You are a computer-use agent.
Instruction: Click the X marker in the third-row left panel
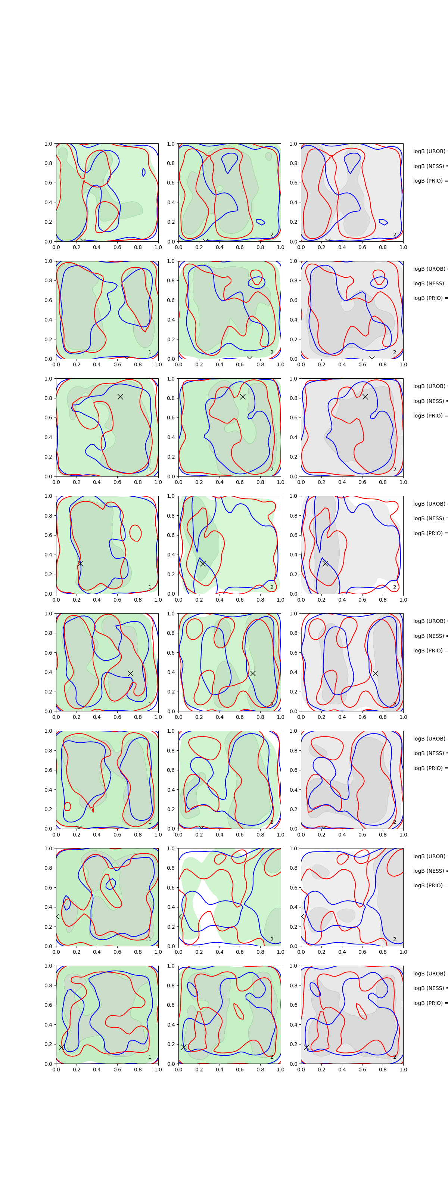coord(120,397)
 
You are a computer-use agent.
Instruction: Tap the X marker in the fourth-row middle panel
coord(203,563)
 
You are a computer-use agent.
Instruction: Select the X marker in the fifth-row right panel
coord(375,673)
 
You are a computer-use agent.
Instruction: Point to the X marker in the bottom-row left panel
coord(61,1047)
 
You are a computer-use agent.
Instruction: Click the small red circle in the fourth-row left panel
coord(136,533)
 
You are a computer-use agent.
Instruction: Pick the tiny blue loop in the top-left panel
coord(143,173)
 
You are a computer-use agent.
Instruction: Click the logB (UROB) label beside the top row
coord(429,151)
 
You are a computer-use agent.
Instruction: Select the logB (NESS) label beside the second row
coord(429,283)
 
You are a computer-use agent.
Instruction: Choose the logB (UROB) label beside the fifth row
coord(429,621)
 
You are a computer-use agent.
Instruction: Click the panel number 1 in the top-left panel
coord(149,235)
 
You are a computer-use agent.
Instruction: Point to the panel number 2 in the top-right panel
coord(395,235)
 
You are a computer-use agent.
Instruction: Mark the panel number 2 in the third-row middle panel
coord(272,469)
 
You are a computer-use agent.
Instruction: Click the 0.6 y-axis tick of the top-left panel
coord(49,183)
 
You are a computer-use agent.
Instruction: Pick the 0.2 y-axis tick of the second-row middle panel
coord(171,339)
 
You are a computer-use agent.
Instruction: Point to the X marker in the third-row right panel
coord(365,397)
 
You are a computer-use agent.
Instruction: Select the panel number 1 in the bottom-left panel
coord(149,1057)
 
